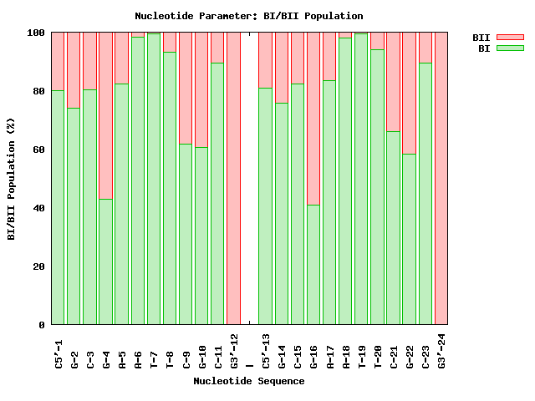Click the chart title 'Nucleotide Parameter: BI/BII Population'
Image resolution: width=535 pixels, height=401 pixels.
point(249,16)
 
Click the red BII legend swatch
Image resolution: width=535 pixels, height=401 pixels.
point(509,37)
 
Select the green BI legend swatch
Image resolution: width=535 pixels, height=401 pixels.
point(509,48)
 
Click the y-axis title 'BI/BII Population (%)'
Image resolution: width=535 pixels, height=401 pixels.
point(12,179)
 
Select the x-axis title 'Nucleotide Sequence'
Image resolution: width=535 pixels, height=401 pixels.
point(249,381)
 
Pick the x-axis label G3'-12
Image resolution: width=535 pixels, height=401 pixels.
point(234,350)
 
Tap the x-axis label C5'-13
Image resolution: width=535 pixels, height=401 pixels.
point(266,350)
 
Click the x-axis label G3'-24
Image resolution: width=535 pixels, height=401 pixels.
point(441,350)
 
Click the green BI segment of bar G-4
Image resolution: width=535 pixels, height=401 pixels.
point(106,261)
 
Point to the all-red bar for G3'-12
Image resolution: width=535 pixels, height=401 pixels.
point(234,179)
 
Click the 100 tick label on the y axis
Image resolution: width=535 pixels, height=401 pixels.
point(36,33)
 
